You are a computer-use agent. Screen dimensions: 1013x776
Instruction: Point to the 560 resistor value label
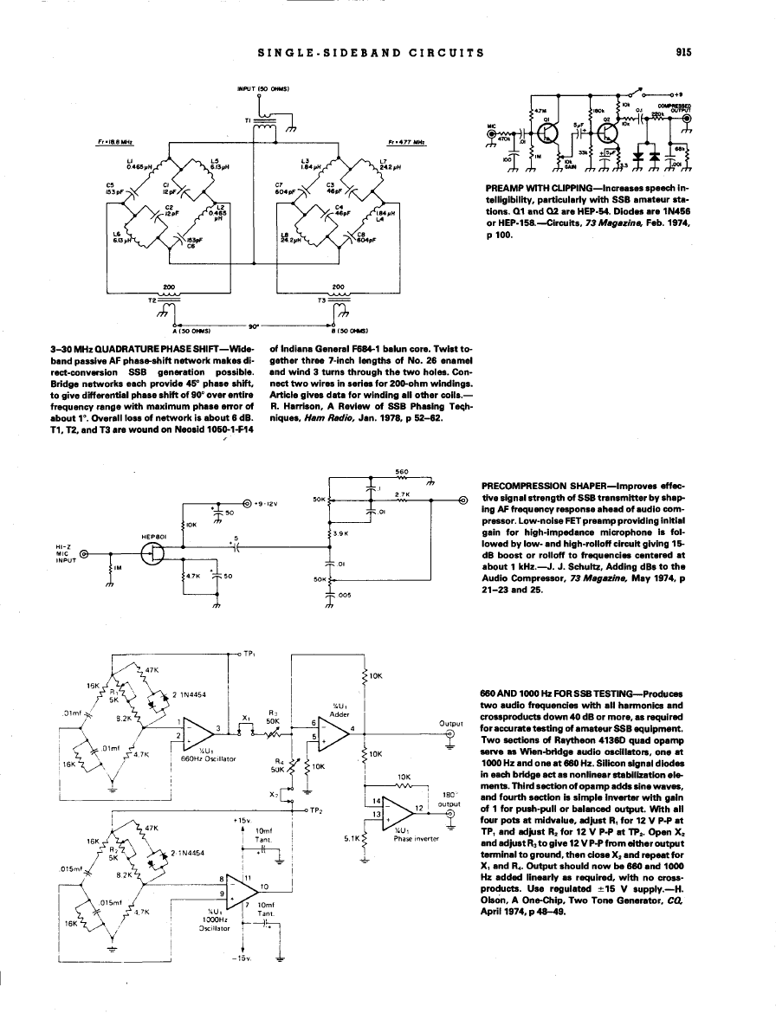pyautogui.click(x=401, y=472)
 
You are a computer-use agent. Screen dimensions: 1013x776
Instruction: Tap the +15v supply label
pyautogui.click(x=242, y=819)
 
